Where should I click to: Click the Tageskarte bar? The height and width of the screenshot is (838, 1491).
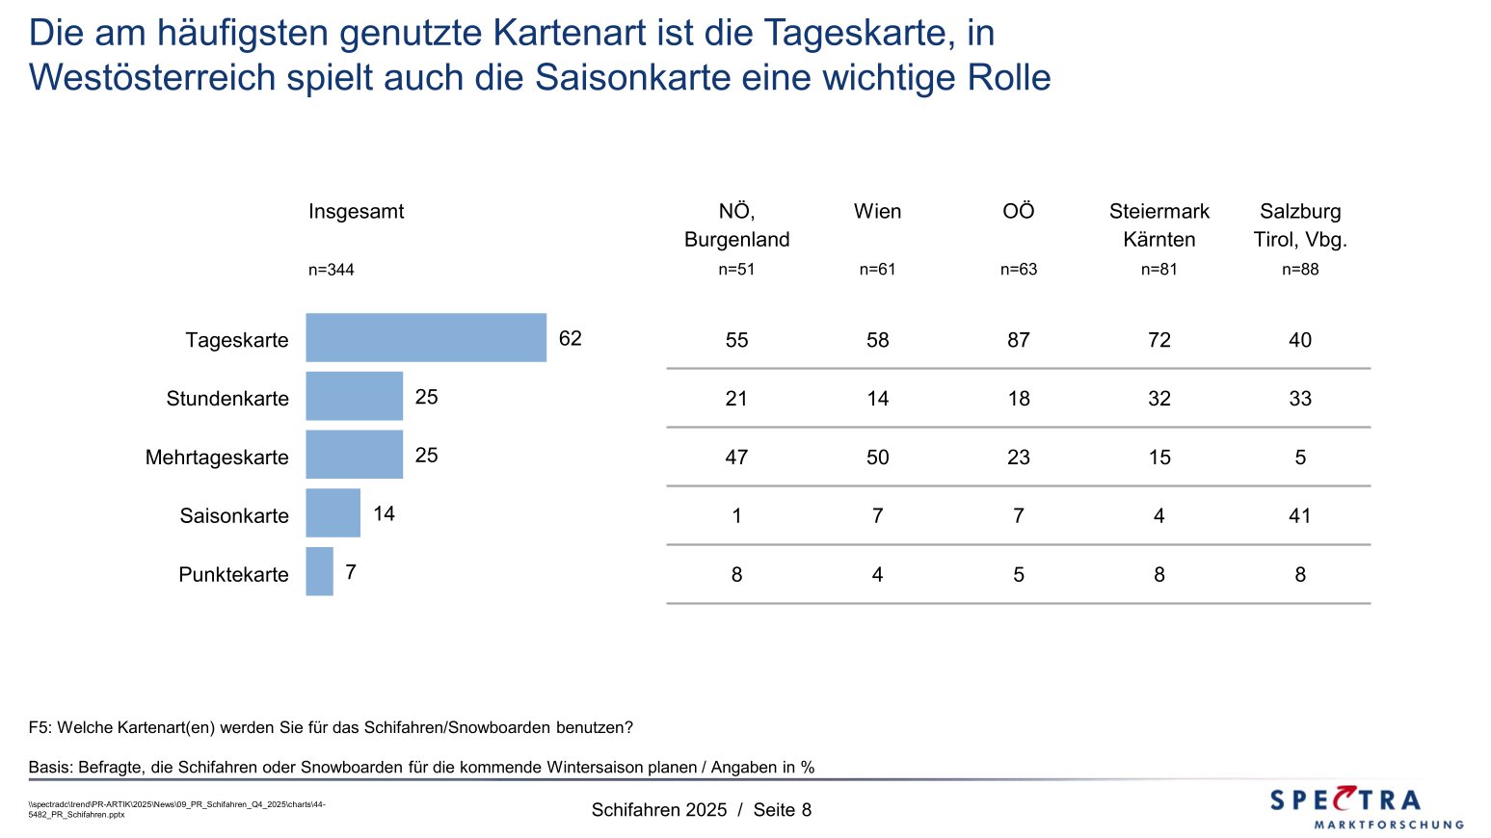(426, 338)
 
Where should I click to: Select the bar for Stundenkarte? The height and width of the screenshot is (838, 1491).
(354, 396)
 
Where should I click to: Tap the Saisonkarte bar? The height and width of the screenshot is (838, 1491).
(333, 513)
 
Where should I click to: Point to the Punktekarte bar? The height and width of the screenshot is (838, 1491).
(319, 572)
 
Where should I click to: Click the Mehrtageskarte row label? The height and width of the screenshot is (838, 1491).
(217, 458)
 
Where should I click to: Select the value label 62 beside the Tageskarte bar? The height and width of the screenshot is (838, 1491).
(571, 338)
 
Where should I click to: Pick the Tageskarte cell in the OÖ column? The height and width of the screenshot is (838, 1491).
(1019, 340)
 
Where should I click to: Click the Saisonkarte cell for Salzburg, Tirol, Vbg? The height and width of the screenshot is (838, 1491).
(1300, 516)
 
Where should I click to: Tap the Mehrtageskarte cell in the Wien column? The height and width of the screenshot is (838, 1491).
(877, 458)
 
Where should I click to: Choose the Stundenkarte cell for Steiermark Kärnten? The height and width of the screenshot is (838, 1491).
(1159, 399)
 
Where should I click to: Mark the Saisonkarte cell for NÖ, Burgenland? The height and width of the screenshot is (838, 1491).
(736, 516)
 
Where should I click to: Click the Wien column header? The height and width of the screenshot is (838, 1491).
(877, 212)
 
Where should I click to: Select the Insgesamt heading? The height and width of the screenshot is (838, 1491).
(356, 212)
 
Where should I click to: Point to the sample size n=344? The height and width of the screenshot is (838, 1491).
(332, 271)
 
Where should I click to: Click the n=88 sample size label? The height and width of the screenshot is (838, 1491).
(1300, 270)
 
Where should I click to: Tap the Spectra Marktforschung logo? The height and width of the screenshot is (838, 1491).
(1366, 807)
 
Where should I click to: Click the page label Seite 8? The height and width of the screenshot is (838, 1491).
(783, 810)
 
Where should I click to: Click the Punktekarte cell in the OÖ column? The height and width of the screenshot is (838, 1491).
(1019, 575)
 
